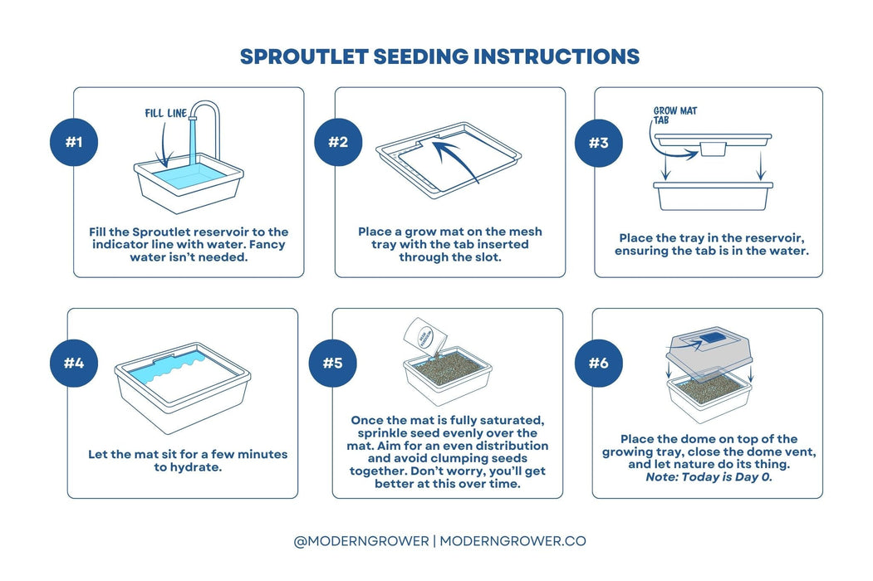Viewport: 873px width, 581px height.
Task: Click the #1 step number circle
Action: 74,142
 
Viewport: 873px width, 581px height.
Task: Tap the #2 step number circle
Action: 338,142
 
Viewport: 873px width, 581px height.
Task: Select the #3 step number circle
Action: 599,143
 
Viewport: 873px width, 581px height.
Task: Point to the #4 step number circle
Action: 74,363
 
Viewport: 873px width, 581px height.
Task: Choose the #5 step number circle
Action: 333,363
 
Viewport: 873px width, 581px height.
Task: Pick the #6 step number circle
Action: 599,363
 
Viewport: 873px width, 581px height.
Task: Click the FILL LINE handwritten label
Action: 166,114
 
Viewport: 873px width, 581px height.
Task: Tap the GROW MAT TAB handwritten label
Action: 674,115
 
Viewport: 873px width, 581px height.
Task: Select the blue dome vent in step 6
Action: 711,338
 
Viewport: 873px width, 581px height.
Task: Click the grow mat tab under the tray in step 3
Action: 713,149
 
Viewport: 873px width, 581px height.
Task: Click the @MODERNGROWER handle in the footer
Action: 361,541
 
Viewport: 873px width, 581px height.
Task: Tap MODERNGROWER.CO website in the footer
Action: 513,541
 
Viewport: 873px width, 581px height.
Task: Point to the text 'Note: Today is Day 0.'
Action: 709,477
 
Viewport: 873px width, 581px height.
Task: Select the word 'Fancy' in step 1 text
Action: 267,245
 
